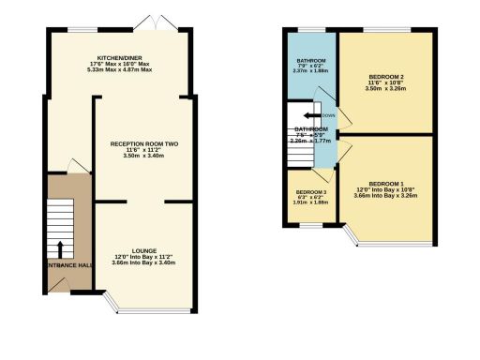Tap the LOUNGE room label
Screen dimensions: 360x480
144,250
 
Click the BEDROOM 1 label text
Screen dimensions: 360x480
387,183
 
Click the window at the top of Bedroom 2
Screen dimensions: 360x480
386,30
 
